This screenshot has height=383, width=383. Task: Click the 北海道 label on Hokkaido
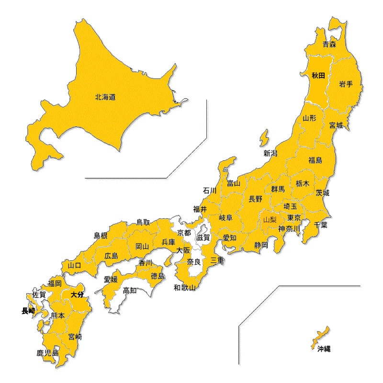tap(105, 97)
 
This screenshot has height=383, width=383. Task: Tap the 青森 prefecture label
tap(329, 45)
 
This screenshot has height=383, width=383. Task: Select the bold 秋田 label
tap(318, 75)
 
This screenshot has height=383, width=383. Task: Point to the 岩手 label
tap(346, 84)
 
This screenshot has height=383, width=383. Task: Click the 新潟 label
tap(270, 153)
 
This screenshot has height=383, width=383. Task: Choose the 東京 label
tap(294, 218)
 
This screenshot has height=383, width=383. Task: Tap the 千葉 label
tap(321, 225)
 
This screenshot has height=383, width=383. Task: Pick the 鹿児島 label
tap(47, 353)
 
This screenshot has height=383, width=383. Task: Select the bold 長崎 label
tap(28, 311)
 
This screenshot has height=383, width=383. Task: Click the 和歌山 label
tap(184, 288)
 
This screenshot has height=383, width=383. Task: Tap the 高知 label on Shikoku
tap(130, 290)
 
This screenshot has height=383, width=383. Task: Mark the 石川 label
tap(210, 191)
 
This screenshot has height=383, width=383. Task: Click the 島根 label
tap(100, 235)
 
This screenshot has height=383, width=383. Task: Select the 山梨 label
tap(270, 220)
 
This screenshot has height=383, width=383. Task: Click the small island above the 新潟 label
tap(264, 138)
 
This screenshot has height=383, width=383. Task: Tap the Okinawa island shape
tap(321, 336)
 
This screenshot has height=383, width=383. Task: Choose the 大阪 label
tap(183, 250)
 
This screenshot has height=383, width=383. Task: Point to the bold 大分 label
tap(77, 295)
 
